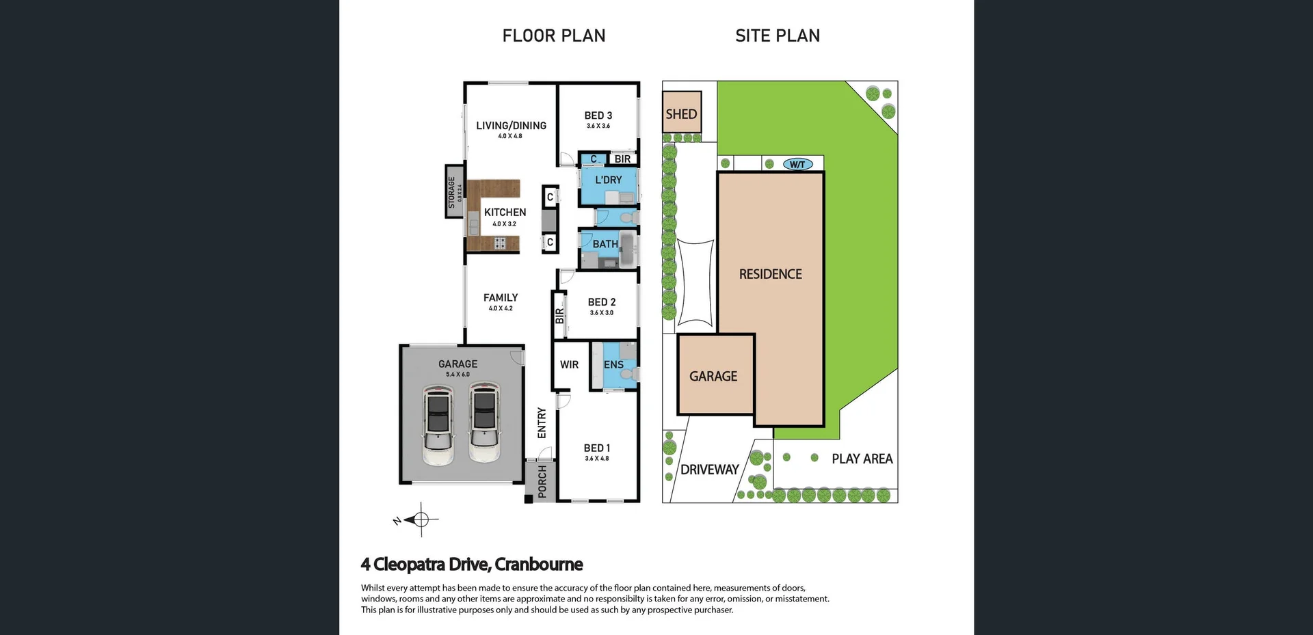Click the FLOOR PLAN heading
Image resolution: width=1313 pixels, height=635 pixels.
tap(554, 36)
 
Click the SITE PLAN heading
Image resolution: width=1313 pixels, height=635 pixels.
tap(778, 36)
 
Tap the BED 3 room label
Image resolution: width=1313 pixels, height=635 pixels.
tap(598, 116)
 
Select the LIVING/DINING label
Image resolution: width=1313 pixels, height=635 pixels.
tap(511, 126)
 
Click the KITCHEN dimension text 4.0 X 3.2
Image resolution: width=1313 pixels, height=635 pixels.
tap(505, 224)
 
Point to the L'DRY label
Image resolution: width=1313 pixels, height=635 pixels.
tap(608, 180)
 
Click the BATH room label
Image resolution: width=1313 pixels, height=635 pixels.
tap(605, 244)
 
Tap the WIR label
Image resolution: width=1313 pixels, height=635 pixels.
tap(569, 364)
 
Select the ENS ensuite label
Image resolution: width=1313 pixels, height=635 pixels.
tap(613, 364)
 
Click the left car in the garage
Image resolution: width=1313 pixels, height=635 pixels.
tap(438, 424)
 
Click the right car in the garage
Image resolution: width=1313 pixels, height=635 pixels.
tap(484, 422)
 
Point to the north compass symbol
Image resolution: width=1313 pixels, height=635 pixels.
tap(421, 520)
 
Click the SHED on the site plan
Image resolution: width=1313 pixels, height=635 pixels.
tap(682, 113)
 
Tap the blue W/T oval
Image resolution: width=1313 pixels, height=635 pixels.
tap(797, 164)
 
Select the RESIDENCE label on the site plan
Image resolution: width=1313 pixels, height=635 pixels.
tap(770, 274)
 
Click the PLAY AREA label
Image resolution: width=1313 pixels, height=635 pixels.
tap(862, 459)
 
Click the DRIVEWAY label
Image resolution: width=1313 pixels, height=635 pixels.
tap(709, 470)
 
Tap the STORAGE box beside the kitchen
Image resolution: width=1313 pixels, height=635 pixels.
tap(454, 191)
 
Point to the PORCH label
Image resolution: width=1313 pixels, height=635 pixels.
tap(542, 481)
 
